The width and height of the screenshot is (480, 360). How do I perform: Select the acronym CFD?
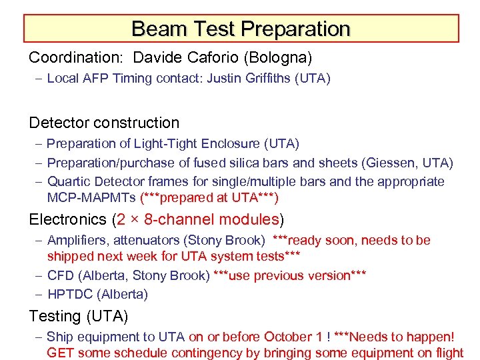(59, 275)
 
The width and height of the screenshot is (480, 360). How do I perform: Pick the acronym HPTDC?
(68, 294)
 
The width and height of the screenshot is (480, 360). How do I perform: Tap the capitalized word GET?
(61, 353)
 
